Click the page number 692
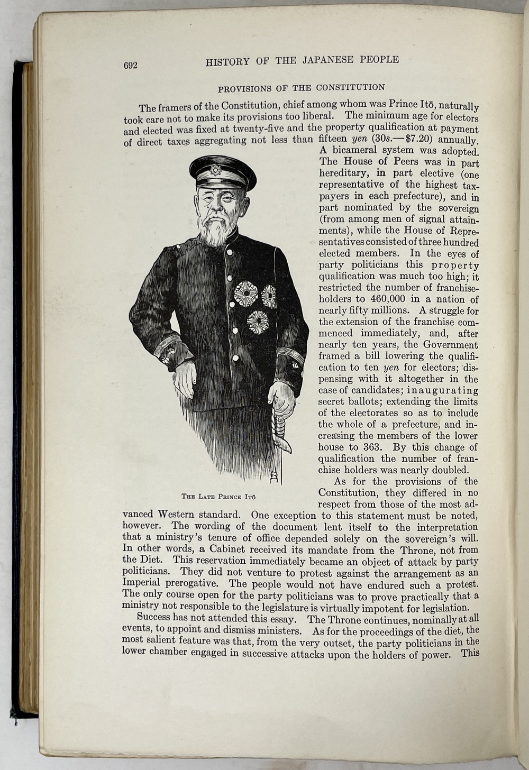click(130, 66)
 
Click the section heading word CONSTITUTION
click(350, 87)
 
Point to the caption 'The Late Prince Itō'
click(218, 497)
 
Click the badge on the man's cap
click(215, 170)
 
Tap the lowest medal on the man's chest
click(258, 322)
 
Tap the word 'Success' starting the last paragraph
click(153, 617)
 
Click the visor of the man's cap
click(222, 182)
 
